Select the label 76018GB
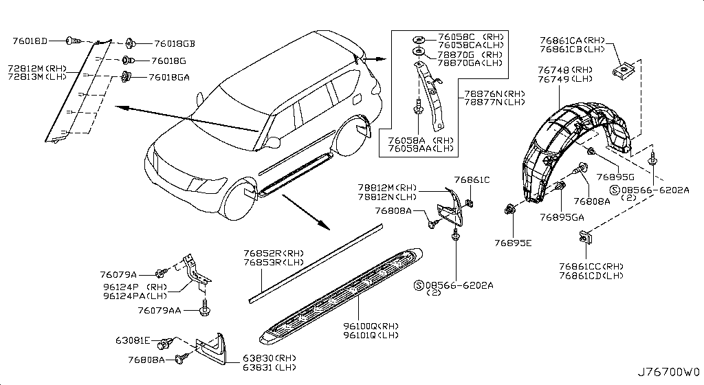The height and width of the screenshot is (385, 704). pos(174,43)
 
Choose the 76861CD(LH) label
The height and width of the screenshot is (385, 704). pos(591,276)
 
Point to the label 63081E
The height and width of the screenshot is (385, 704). pos(133,340)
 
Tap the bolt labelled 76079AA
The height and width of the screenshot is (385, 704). pos(205,311)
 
